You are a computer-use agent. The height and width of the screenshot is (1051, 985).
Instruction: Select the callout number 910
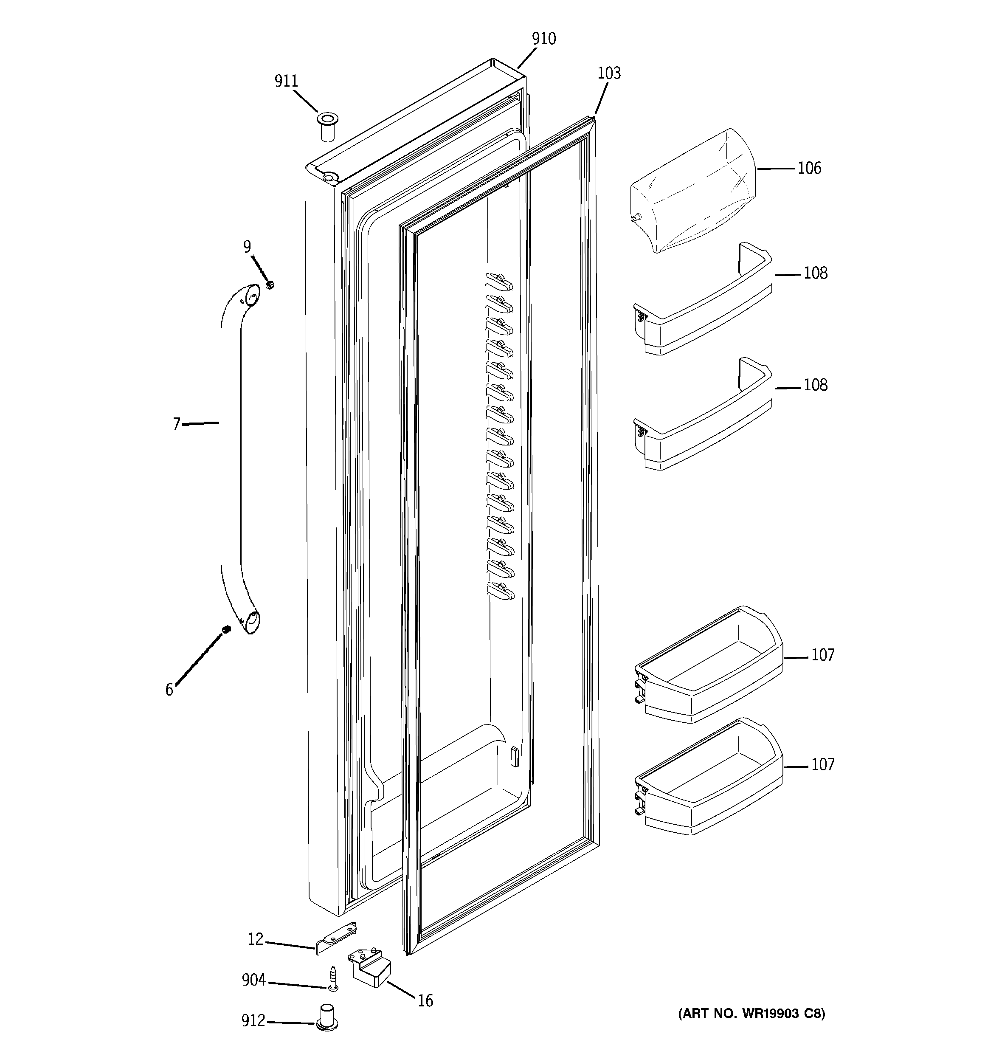click(543, 39)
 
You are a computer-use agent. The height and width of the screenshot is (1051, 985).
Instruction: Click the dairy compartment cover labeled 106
click(692, 192)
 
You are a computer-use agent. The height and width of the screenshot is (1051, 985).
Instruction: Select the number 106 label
click(809, 168)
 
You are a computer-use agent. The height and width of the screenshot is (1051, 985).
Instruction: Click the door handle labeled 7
click(231, 455)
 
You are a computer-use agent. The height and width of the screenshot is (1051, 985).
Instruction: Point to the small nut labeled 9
click(270, 285)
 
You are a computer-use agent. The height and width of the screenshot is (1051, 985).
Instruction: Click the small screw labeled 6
click(226, 629)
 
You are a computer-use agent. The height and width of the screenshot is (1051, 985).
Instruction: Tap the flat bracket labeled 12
click(336, 940)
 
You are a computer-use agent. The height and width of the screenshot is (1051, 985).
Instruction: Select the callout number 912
click(253, 1021)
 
